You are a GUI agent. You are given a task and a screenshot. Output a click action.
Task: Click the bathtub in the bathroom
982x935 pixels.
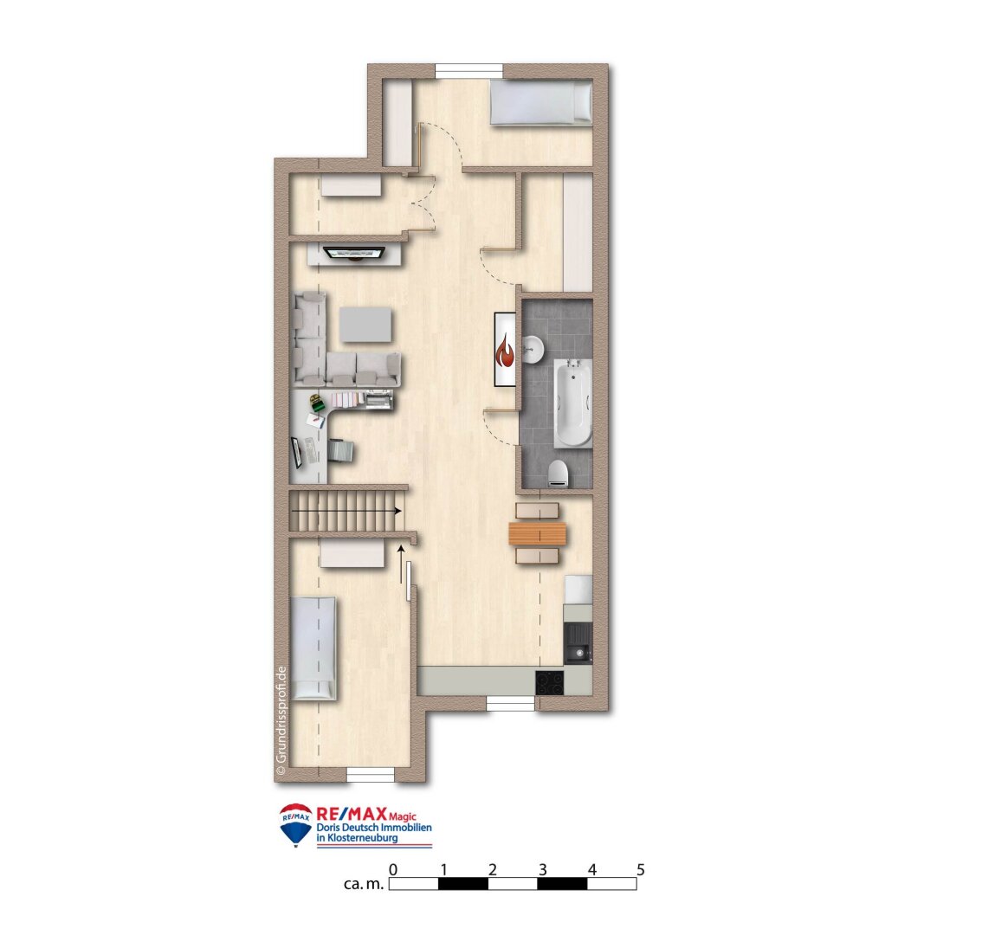tap(572, 403)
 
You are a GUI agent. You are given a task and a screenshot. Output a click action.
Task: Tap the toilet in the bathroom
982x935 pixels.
tap(559, 473)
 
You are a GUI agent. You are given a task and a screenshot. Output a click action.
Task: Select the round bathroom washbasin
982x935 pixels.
tap(533, 349)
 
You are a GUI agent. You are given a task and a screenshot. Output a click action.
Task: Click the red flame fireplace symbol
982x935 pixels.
tap(505, 351)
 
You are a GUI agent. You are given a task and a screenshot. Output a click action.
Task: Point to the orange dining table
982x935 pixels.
tap(538, 535)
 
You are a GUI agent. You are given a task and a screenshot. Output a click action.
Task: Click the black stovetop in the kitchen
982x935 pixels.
tap(549, 682)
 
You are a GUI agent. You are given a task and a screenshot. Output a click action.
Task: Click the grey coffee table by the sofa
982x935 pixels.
tap(366, 325)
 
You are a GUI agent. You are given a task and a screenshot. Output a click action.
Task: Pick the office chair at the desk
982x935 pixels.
tap(341, 451)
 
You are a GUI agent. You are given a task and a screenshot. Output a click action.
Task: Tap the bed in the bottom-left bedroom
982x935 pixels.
tap(313, 648)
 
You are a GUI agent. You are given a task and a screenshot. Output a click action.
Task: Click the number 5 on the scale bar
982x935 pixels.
tap(641, 869)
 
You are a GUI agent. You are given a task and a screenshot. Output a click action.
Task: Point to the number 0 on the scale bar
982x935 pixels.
tap(393, 869)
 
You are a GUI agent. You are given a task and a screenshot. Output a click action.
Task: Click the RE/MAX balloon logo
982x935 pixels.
tap(296, 823)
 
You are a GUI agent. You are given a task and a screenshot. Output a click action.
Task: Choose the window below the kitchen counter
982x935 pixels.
tap(510, 704)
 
